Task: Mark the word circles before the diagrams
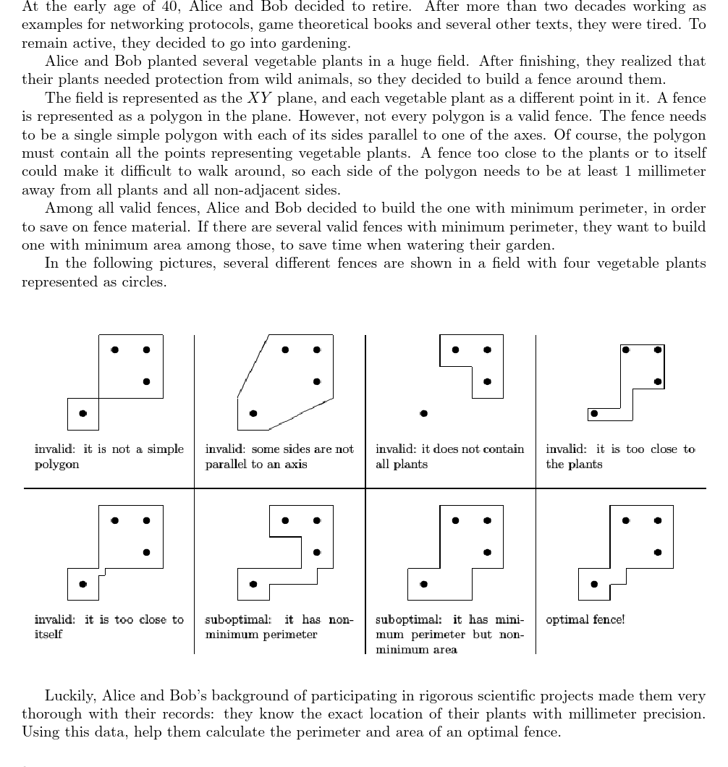coord(145,281)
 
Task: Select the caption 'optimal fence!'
coord(585,619)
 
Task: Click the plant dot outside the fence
coord(423,413)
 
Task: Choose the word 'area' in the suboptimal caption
coord(442,650)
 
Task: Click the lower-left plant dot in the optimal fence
coord(594,584)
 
